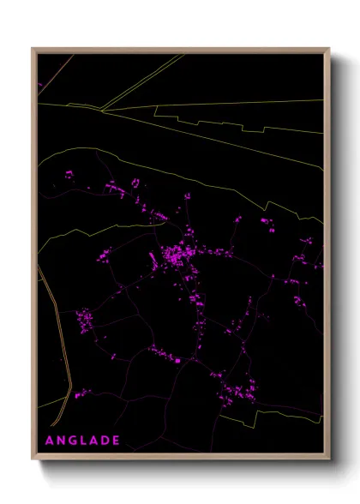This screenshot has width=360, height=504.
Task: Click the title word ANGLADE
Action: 82,441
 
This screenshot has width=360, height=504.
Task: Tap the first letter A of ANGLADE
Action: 50,441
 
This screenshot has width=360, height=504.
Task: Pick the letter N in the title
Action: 62,441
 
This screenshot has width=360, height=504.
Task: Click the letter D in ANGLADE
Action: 105,441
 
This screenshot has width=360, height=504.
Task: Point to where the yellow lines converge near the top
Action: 102,110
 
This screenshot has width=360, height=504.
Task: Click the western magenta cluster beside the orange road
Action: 85,321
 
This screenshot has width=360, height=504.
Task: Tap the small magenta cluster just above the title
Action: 82,394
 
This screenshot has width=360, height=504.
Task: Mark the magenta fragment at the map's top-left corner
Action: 40,86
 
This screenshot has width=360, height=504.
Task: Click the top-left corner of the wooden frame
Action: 33,49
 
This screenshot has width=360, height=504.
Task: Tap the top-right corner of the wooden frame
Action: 328,49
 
